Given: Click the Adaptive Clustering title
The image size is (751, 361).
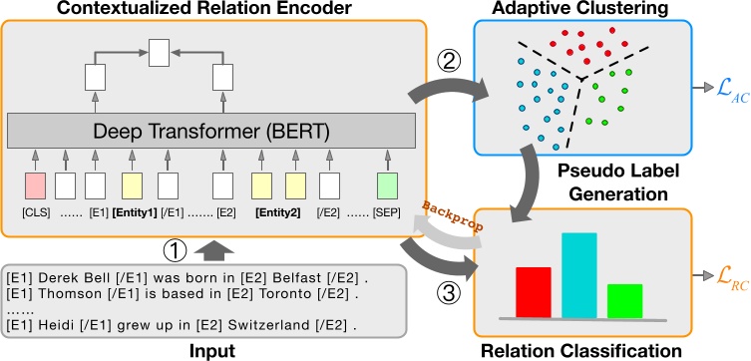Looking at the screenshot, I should tap(578, 9).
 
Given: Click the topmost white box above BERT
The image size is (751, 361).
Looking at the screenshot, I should tap(159, 52).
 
